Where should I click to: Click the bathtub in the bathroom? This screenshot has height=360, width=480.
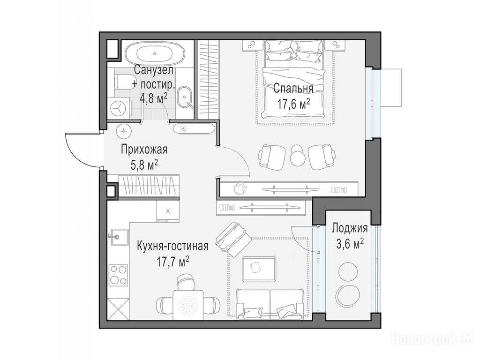pyautogui.click(x=156, y=54)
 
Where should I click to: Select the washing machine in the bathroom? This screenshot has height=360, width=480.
pyautogui.click(x=119, y=108)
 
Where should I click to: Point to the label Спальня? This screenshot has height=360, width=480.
pyautogui.click(x=293, y=89)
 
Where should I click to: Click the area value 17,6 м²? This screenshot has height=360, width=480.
pyautogui.click(x=293, y=104)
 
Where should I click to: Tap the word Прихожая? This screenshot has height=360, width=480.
pyautogui.click(x=144, y=150)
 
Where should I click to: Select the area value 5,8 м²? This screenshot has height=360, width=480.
pyautogui.click(x=144, y=165)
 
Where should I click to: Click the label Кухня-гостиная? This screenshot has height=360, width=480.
pyautogui.click(x=172, y=246)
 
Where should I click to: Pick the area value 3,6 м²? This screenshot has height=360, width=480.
pyautogui.click(x=350, y=244)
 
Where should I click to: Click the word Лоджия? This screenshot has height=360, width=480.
pyautogui.click(x=350, y=228)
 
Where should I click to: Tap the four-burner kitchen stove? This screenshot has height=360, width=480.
pyautogui.click(x=119, y=275)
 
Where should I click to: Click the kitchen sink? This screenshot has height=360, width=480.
pyautogui.click(x=118, y=236)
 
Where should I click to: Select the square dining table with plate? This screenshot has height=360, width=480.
pyautogui.click(x=188, y=305)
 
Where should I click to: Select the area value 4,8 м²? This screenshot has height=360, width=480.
pyautogui.click(x=153, y=98)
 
